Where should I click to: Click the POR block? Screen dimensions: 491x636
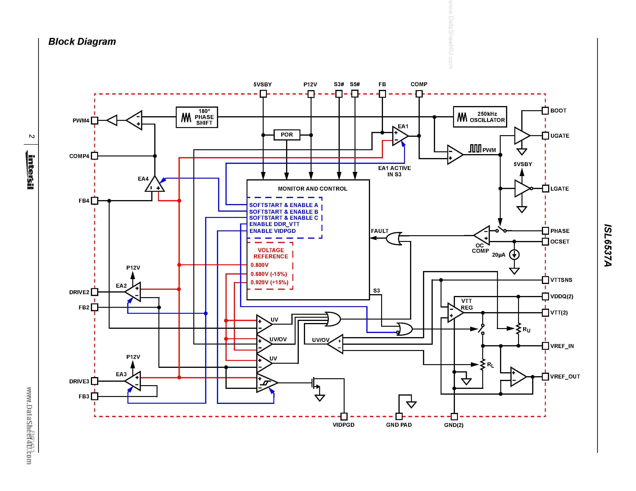tap(287, 135)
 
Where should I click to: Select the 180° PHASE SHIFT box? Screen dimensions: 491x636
tap(197, 117)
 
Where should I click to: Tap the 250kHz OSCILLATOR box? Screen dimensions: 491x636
tap(480, 117)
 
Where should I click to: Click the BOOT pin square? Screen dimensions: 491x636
tap(545, 110)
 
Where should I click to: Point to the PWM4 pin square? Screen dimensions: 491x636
tap(94, 120)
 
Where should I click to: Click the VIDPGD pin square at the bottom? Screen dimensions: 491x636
tap(344, 416)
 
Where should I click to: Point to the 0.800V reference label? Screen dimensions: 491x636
tap(259, 265)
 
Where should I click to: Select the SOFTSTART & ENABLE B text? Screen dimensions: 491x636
tap(283, 212)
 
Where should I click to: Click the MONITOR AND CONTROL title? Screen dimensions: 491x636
tap(312, 189)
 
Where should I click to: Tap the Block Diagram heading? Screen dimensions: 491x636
tap(82, 42)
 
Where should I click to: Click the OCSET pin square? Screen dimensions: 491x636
tap(545, 241)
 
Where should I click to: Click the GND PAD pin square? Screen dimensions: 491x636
tap(399, 416)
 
